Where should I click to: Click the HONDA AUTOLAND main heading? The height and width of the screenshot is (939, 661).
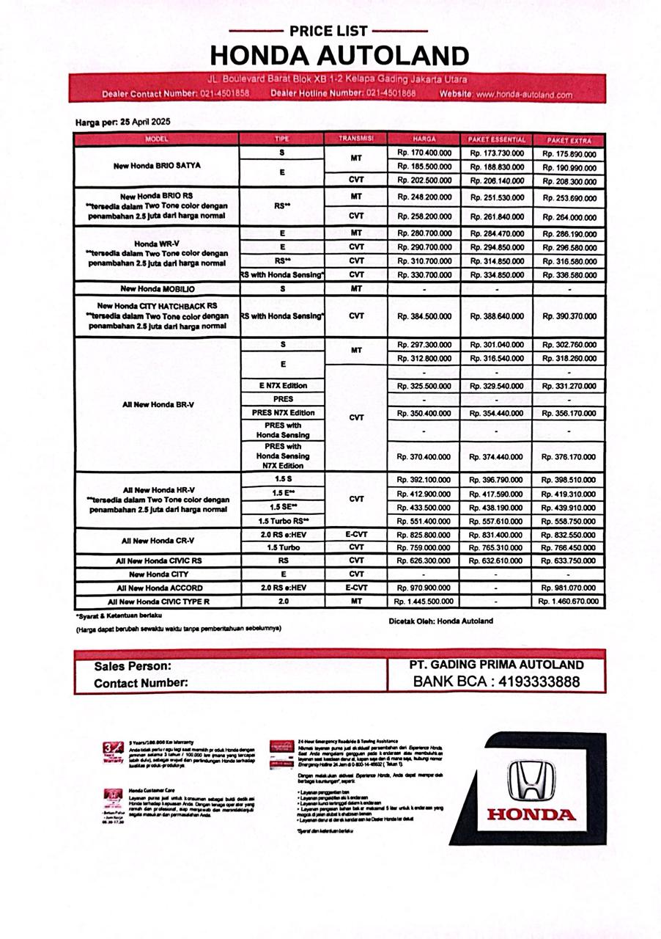click(339, 56)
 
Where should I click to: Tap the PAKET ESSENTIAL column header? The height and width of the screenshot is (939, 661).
click(496, 139)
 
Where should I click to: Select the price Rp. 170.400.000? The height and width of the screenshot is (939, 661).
click(424, 153)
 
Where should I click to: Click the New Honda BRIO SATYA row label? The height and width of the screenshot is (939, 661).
click(157, 166)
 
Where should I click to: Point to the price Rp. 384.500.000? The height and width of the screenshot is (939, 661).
click(424, 316)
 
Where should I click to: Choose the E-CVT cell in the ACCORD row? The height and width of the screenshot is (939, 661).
click(356, 588)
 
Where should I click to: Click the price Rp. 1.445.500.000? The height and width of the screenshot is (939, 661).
click(424, 602)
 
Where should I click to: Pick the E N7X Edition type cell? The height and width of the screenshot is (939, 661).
click(282, 386)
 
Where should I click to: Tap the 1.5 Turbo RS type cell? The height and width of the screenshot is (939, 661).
click(282, 521)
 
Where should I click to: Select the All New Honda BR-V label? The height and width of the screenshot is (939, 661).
click(157, 405)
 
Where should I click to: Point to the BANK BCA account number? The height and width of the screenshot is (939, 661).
click(537, 682)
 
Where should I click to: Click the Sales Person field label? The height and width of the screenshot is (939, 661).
click(133, 666)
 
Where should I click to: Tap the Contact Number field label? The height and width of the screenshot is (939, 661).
click(141, 682)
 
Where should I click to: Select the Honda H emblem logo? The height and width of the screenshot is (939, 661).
click(531, 780)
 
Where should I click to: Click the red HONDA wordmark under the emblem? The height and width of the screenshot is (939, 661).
click(531, 814)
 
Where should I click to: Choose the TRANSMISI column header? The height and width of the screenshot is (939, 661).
click(356, 139)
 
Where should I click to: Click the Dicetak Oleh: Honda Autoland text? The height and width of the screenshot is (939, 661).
click(440, 621)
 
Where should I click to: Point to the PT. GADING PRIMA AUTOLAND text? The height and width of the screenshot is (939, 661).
click(496, 665)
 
